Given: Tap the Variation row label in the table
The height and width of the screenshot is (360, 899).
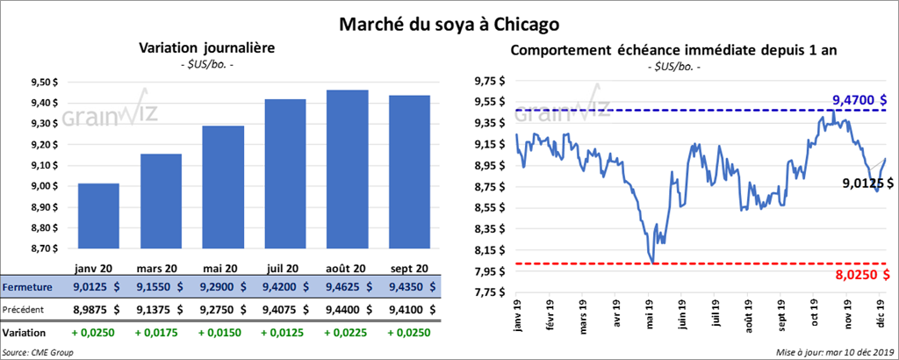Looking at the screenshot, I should (25, 334).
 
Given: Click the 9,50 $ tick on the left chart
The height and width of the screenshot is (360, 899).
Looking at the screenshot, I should (44, 83).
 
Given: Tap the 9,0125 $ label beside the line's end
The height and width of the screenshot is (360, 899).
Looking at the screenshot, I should (867, 184).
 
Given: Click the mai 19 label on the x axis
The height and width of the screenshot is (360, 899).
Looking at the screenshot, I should (652, 313).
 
